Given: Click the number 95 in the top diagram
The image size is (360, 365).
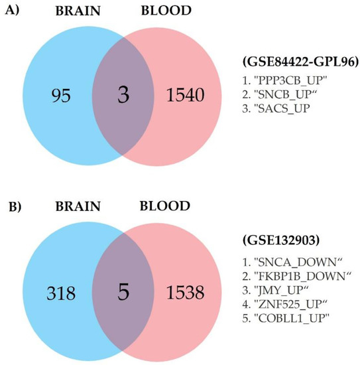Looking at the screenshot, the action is pos(61,96).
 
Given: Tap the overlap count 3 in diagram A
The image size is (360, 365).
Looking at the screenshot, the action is pos(123,94).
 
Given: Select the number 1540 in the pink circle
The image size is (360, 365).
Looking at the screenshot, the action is pos(186,95).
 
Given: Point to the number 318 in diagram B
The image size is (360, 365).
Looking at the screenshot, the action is pos(61,293).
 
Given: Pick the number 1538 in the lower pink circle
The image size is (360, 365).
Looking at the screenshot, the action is pos(186,293).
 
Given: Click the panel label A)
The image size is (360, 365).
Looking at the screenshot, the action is pos(12,11).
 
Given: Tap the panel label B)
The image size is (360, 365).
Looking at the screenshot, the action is pos(15,207).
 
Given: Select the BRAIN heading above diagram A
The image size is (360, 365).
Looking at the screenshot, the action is pos(78,11).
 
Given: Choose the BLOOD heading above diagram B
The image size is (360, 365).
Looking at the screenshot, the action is pos(165,206).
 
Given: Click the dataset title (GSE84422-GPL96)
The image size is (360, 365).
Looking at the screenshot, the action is pos(300,62).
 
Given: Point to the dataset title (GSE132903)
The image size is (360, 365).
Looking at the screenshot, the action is pos(281,240).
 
